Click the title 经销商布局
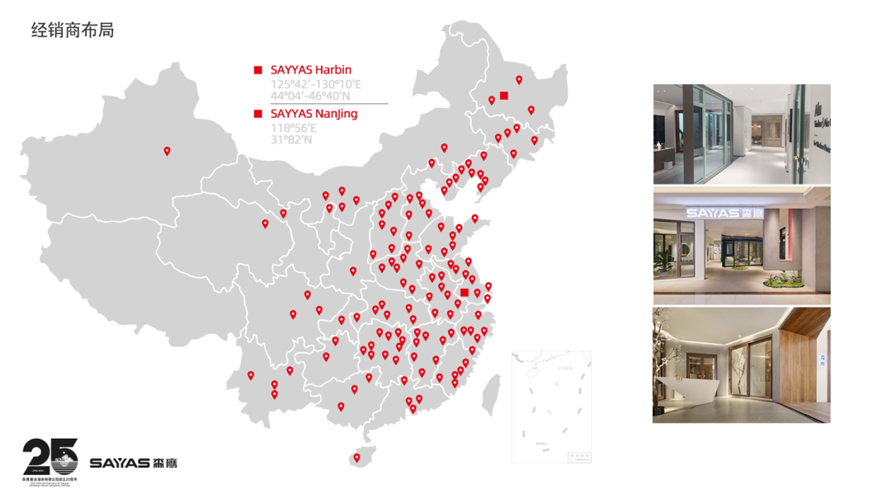[73, 31]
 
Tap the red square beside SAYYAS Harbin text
[258, 70]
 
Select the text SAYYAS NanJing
[314, 114]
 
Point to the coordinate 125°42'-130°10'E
[316, 84]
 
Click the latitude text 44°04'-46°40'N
[314, 97]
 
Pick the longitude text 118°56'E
[294, 128]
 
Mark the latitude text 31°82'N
[291, 139]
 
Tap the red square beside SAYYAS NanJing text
[258, 114]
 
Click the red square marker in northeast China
[504, 96]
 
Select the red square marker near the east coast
[464, 293]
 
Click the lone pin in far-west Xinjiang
[167, 152]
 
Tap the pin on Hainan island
[357, 459]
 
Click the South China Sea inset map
[551, 407]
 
